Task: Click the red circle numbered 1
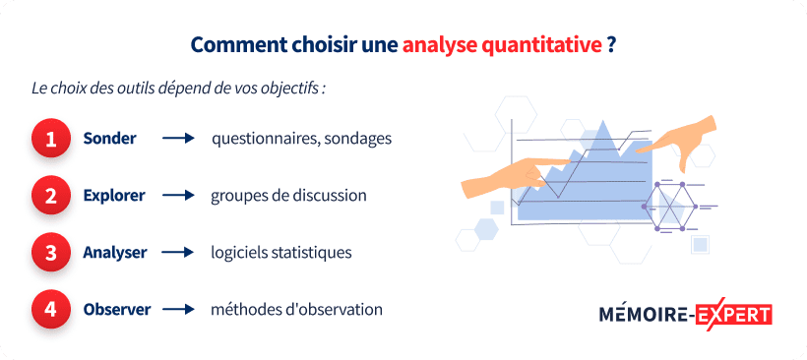pyautogui.click(x=51, y=139)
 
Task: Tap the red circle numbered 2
pyautogui.click(x=51, y=196)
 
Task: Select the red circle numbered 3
pyautogui.click(x=51, y=253)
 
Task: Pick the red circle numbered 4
pyautogui.click(x=51, y=310)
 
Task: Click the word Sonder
pyautogui.click(x=109, y=139)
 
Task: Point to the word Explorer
pyautogui.click(x=114, y=196)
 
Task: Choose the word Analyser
pyautogui.click(x=115, y=253)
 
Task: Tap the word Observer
pyautogui.click(x=117, y=310)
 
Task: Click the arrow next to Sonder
pyautogui.click(x=178, y=139)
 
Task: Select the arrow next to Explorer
pyautogui.click(x=178, y=196)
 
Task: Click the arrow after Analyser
pyautogui.click(x=178, y=253)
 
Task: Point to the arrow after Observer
pyautogui.click(x=178, y=310)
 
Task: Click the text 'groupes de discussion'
pyautogui.click(x=288, y=196)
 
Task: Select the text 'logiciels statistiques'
pyautogui.click(x=280, y=253)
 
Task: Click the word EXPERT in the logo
pyautogui.click(x=733, y=315)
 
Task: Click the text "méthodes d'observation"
pyautogui.click(x=296, y=310)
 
